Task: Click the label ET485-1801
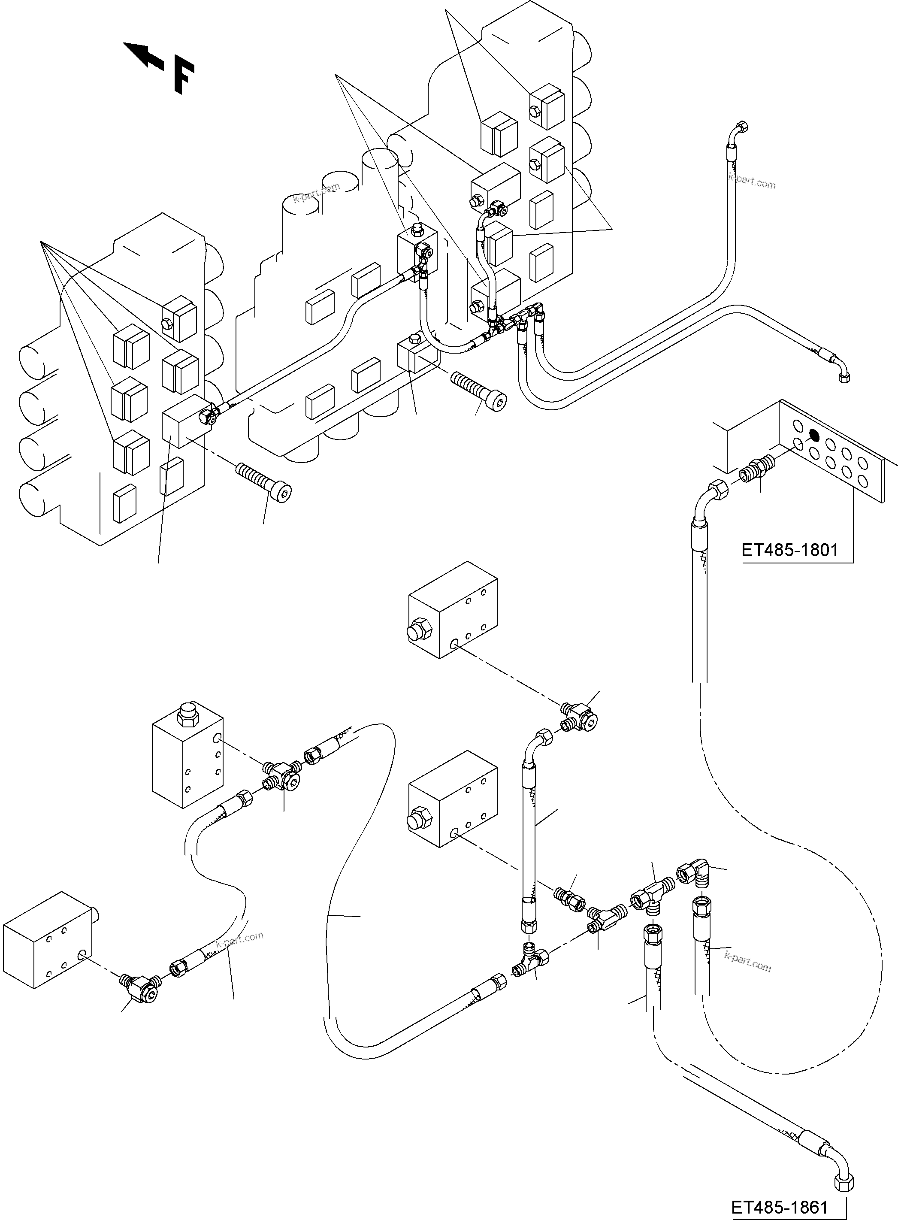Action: [790, 550]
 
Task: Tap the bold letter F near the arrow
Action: [184, 78]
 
